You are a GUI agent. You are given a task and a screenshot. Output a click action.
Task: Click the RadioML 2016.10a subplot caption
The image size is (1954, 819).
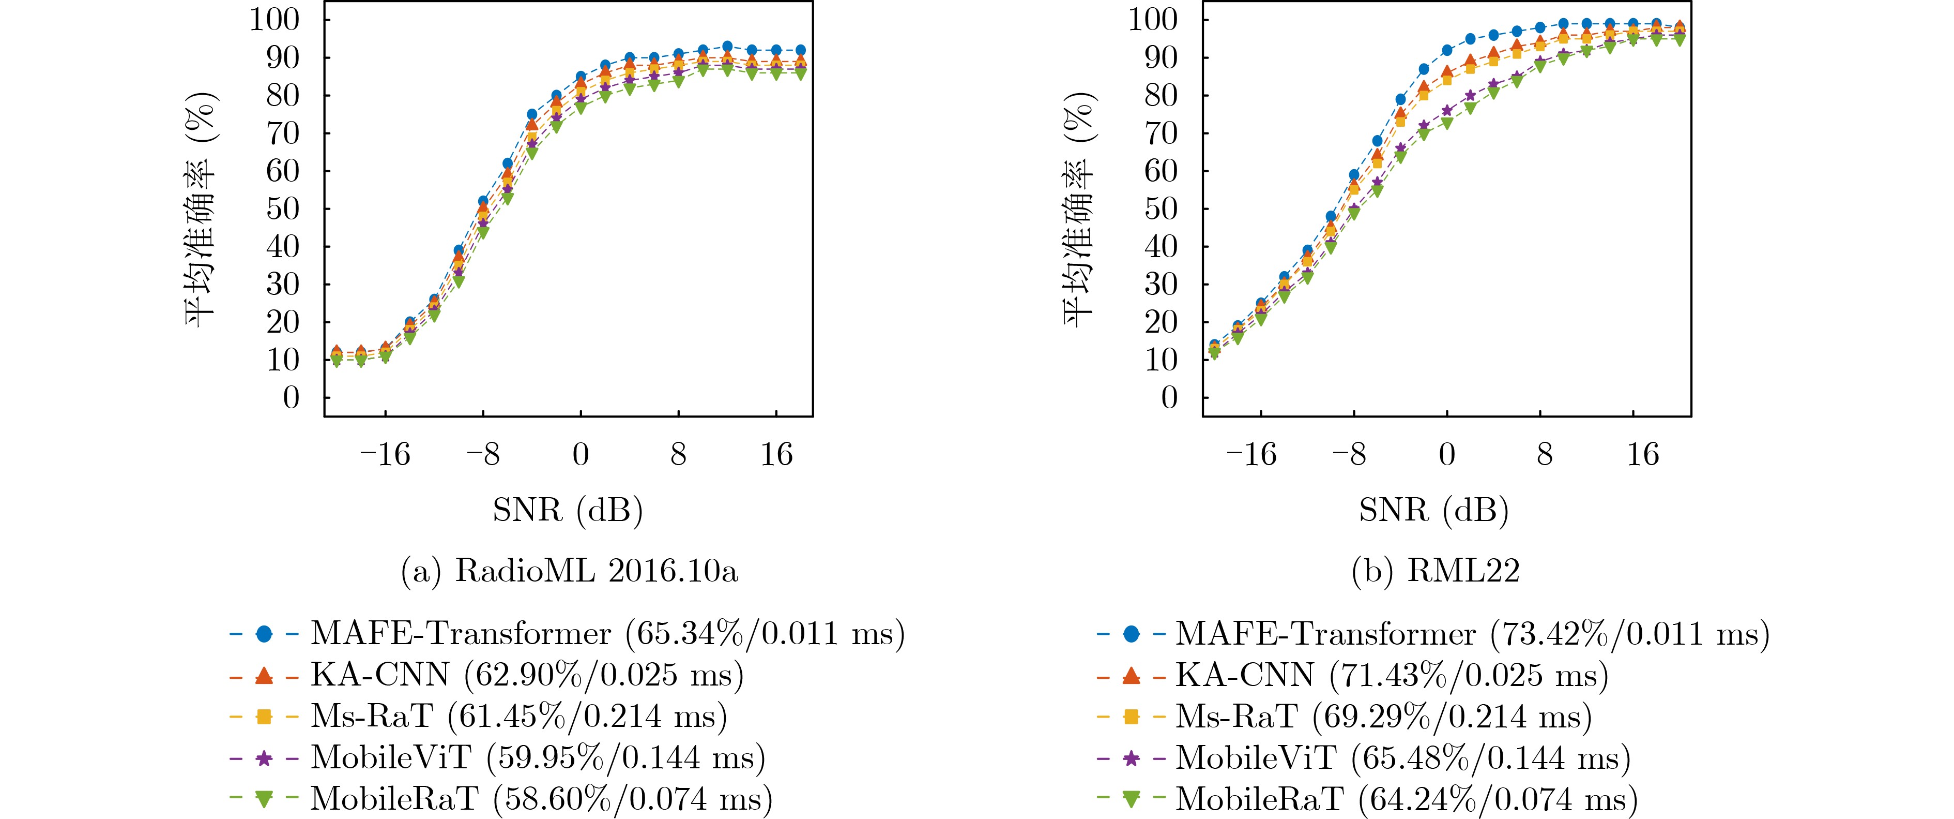(569, 571)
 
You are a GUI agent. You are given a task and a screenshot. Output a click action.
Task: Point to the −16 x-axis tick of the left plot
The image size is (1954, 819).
(385, 455)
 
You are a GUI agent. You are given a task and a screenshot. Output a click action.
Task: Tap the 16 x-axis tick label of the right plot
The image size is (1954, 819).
(1642, 455)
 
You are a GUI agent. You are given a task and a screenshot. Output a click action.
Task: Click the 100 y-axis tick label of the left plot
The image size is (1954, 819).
(274, 20)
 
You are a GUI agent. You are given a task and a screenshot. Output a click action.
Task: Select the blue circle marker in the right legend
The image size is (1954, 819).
(1131, 634)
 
